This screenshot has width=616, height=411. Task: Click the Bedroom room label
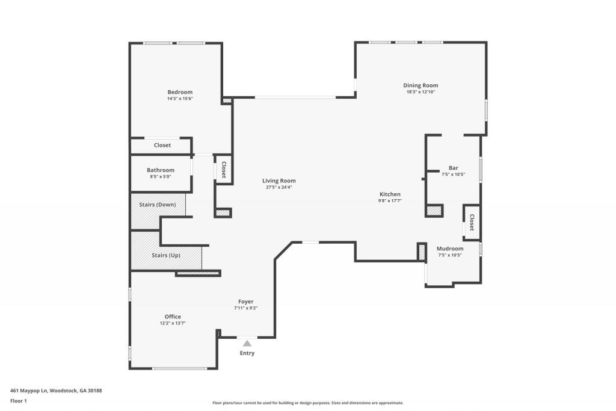(x=180, y=92)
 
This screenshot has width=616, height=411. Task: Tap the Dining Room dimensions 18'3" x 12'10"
(x=420, y=92)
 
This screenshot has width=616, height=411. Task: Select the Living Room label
(x=279, y=181)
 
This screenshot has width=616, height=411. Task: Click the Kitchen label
(x=390, y=194)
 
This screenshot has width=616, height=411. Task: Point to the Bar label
(x=453, y=168)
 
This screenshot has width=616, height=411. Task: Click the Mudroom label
(x=450, y=249)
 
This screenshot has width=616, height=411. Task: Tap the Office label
(x=173, y=317)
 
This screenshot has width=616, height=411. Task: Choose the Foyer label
(x=245, y=301)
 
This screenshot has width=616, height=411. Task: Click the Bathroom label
(x=161, y=170)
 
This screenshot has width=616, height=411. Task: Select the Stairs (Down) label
(x=158, y=205)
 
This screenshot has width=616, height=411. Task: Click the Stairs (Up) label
(x=166, y=255)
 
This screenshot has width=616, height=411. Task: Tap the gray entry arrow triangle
(x=247, y=343)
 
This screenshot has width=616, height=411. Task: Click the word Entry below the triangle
(x=247, y=353)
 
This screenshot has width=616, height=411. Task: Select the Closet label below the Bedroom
(x=162, y=145)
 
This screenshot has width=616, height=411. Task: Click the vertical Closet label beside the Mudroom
(x=472, y=222)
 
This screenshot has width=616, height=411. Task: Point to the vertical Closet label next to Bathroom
(x=223, y=169)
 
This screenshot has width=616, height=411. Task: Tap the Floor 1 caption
(x=19, y=400)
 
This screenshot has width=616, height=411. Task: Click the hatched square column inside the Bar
(x=434, y=211)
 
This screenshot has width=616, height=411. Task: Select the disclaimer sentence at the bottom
(x=307, y=403)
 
